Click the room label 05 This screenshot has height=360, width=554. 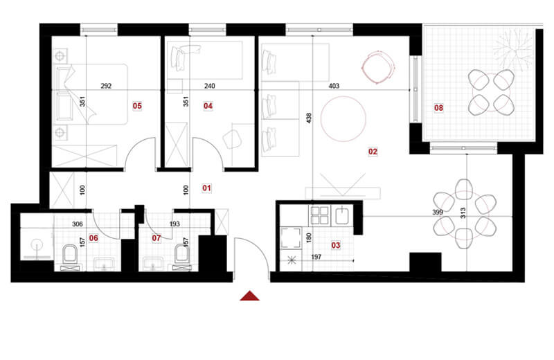pyautogui.click(x=137, y=106)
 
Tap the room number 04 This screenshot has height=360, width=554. pyautogui.click(x=208, y=106)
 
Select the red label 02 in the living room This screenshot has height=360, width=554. pyautogui.click(x=373, y=152)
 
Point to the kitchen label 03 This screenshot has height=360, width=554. pyautogui.click(x=336, y=245)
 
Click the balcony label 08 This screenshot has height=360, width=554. pyautogui.click(x=438, y=108)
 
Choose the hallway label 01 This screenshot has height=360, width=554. pyautogui.click(x=206, y=188)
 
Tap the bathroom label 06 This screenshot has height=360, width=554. pyautogui.click(x=93, y=238)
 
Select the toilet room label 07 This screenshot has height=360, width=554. pyautogui.click(x=157, y=238)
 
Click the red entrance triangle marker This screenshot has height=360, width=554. pyautogui.click(x=250, y=296)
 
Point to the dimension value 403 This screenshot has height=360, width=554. pyautogui.click(x=334, y=86)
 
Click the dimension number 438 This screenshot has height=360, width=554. pyautogui.click(x=309, y=118)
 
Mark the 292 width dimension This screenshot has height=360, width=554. pyautogui.click(x=106, y=86)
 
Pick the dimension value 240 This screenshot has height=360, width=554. pyautogui.click(x=210, y=86)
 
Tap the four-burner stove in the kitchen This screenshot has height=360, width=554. pyautogui.click(x=319, y=215)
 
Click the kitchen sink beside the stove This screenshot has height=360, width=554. pyautogui.click(x=342, y=216)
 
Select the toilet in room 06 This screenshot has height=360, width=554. pyautogui.click(x=69, y=255)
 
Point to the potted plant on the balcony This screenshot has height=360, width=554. pyautogui.click(x=512, y=48)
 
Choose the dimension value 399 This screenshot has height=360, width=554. pyautogui.click(x=438, y=213)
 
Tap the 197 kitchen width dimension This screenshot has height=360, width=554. pyautogui.click(x=316, y=257)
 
